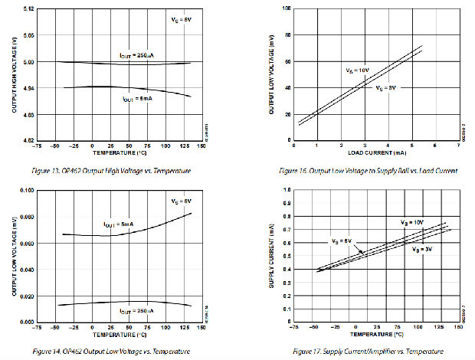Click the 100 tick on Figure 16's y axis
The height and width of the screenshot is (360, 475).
tap(286, 8)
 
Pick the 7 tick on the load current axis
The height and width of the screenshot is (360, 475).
tap(457, 146)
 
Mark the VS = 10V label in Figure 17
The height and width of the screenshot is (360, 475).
tap(412, 221)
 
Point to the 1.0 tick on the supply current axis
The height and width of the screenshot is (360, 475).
tap(287, 189)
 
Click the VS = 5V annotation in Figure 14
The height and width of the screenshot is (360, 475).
tap(181, 201)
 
